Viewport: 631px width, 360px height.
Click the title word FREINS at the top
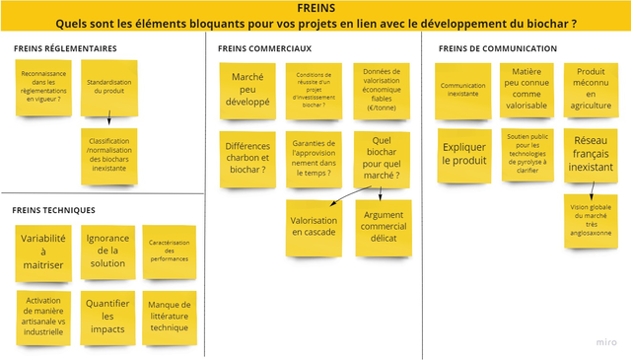[315, 9]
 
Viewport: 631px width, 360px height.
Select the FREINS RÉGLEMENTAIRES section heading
[65, 48]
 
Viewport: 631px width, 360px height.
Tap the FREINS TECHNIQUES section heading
[54, 210]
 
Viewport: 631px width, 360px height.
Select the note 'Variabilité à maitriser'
[43, 252]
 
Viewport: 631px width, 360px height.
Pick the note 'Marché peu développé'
[247, 89]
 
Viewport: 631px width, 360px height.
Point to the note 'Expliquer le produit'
[464, 154]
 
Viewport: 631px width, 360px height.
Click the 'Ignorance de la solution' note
[107, 251]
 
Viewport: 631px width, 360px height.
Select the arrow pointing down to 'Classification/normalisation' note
[109, 118]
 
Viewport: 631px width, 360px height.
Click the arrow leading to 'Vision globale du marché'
[590, 187]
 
